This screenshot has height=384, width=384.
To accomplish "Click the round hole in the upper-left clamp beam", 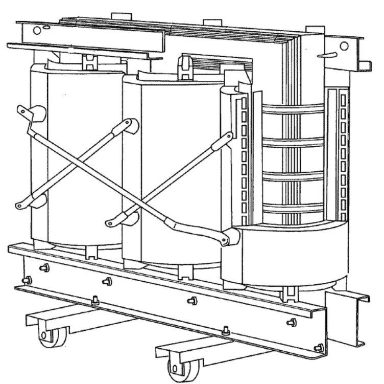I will [37, 30].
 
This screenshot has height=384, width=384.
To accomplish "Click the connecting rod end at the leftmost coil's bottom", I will [20, 205].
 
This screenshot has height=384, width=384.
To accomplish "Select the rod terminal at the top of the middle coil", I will [131, 124].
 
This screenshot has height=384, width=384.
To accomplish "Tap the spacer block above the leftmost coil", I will [90, 61].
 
